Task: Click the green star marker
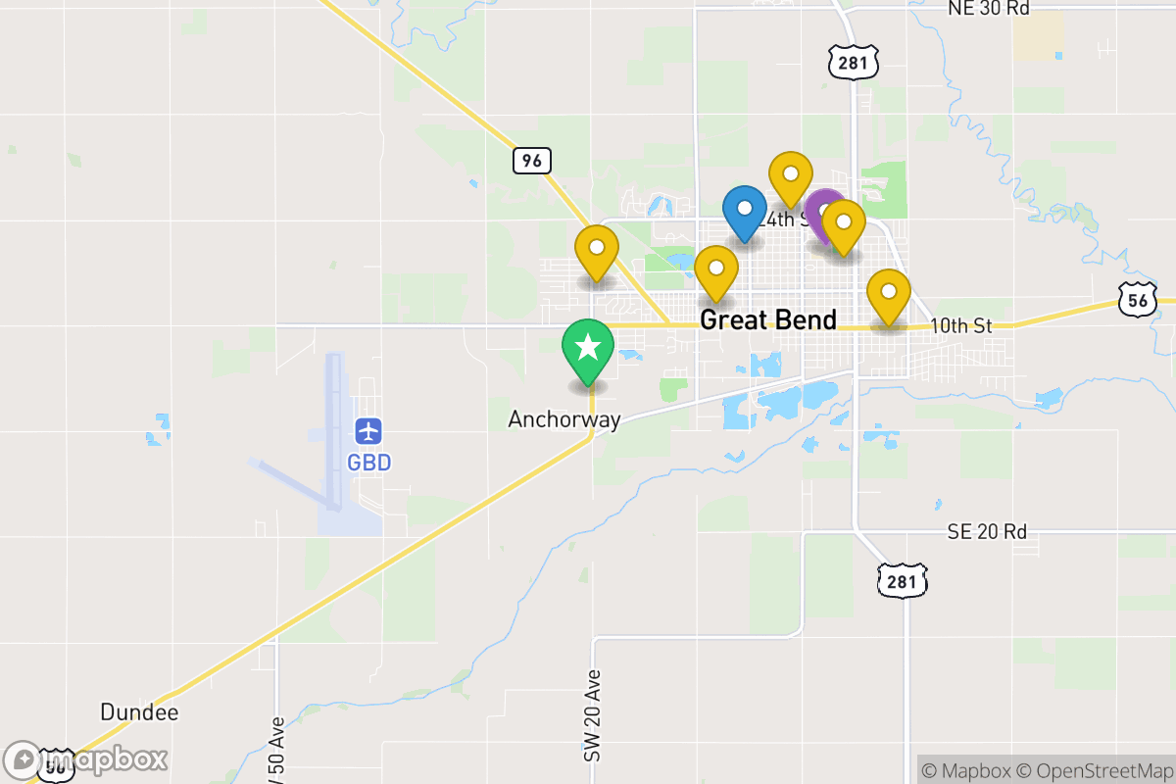(x=587, y=348)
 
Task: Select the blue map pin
(x=745, y=210)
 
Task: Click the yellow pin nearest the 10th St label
(x=889, y=293)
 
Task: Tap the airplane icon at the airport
(x=368, y=430)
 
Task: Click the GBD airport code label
(x=368, y=462)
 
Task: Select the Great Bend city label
(x=768, y=319)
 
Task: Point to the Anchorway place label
(x=563, y=419)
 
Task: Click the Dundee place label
(x=139, y=711)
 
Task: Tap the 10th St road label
(x=961, y=325)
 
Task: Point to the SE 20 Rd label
(x=987, y=532)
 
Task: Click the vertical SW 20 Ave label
(x=591, y=716)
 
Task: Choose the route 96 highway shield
(x=531, y=160)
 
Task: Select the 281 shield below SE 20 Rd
(x=902, y=581)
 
